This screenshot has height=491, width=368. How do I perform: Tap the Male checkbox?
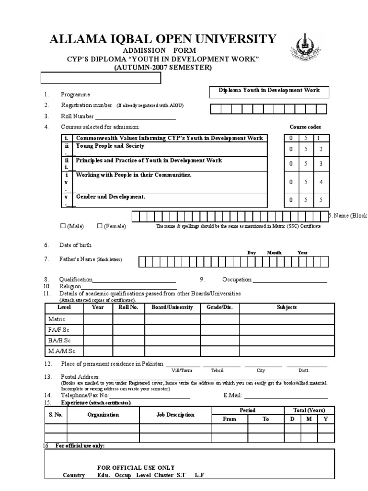click(x=63, y=226)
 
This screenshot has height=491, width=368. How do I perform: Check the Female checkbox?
click(x=100, y=226)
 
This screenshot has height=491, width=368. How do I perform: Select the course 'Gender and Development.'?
click(x=110, y=197)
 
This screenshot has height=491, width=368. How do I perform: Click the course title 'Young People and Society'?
click(x=110, y=146)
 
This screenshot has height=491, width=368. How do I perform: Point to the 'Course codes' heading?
click(x=305, y=127)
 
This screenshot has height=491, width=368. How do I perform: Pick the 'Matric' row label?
click(x=57, y=319)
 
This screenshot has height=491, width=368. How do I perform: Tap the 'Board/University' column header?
click(x=172, y=307)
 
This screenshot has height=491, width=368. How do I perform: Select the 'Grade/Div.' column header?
click(x=219, y=307)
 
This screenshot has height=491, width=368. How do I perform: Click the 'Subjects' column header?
click(x=287, y=307)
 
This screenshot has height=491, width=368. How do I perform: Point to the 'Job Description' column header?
click(x=175, y=415)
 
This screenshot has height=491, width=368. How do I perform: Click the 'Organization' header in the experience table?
click(x=103, y=415)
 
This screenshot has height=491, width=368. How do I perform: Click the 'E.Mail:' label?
click(x=233, y=396)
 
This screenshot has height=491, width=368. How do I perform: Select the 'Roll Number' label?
click(x=77, y=116)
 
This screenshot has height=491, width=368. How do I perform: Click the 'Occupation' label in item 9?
click(x=237, y=280)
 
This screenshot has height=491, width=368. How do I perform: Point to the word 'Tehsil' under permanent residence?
click(x=217, y=371)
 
